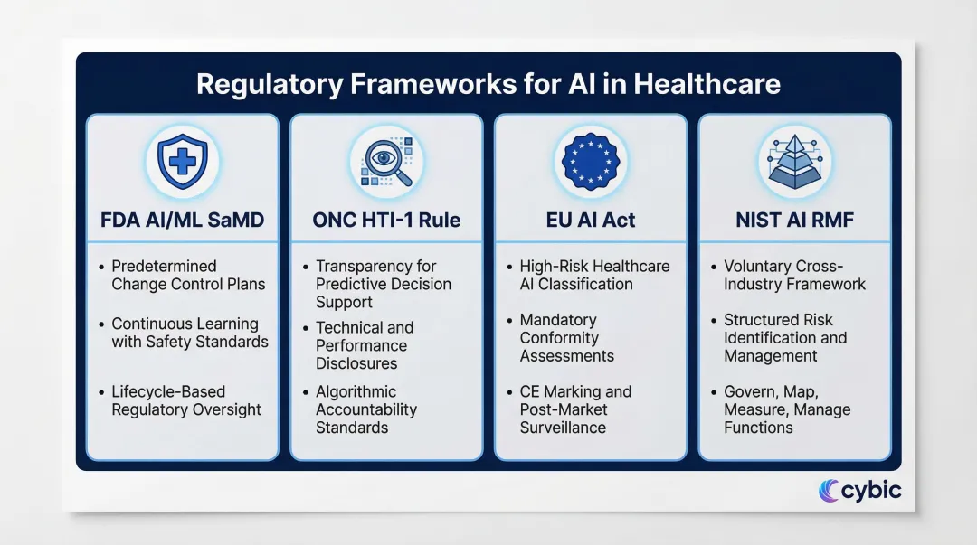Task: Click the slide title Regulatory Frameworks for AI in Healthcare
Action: pos(488,84)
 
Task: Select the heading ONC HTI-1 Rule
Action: pos(386,220)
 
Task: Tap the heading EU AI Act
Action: pos(591,220)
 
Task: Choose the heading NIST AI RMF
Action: pos(794,220)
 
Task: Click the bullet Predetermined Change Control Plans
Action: pos(188,275)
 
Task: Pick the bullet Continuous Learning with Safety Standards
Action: pos(190,333)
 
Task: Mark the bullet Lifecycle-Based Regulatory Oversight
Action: pos(186,400)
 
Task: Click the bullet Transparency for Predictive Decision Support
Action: pos(383,284)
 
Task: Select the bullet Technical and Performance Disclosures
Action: pos(365,345)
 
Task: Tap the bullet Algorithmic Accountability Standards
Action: pos(365,409)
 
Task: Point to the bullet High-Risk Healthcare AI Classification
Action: pos(594,275)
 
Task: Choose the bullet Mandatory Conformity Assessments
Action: pos(566,338)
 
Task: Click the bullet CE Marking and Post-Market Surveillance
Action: pos(575,409)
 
